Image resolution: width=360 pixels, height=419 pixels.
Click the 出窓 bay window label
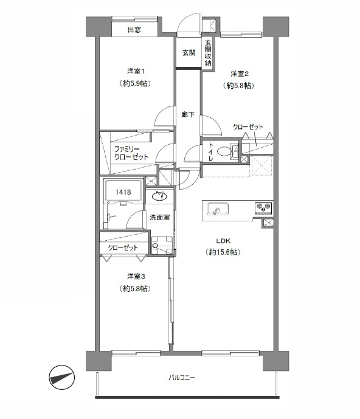coord(134,30)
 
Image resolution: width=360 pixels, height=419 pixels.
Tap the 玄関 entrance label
coord(189,53)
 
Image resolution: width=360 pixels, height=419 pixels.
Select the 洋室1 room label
coord(136,71)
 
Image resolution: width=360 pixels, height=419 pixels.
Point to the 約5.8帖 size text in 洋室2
coord(238,85)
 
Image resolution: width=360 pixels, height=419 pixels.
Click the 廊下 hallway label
coord(188,115)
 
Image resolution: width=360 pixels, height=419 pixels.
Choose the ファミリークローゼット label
coord(131,153)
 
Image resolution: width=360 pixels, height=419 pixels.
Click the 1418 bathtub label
coord(123,192)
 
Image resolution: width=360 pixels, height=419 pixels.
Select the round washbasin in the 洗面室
coord(159,196)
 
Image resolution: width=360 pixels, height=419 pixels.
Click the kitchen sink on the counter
coord(218,209)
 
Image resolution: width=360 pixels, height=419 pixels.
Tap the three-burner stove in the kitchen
coord(263,208)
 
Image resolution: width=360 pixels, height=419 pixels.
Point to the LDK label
coord(223,241)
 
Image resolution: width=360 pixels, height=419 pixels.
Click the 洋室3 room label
coord(136,276)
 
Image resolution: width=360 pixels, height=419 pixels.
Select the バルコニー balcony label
coord(182,378)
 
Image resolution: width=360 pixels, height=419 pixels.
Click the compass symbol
coord(62,378)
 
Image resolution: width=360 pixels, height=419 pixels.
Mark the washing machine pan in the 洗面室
coord(162,245)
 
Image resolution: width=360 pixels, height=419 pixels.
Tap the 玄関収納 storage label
coord(208,53)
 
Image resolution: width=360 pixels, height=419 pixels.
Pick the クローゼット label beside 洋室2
coord(247,126)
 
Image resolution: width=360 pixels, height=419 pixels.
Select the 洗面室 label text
coord(159,217)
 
